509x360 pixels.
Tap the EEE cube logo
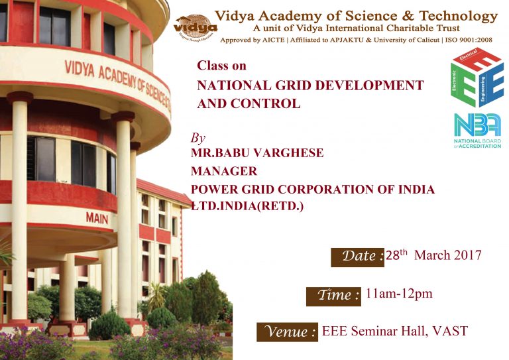(477, 78)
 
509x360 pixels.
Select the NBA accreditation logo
(477, 131)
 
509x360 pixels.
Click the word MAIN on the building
(97, 218)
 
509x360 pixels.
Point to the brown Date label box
(357, 257)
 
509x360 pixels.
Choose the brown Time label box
(333, 296)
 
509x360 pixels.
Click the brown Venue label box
(287, 332)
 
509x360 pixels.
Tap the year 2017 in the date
(467, 255)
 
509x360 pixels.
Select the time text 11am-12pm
(399, 294)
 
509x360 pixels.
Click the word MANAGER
(224, 171)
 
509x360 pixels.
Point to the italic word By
(198, 139)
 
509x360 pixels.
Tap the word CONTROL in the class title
(266, 103)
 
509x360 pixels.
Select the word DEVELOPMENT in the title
(369, 86)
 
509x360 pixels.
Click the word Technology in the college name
(458, 16)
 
